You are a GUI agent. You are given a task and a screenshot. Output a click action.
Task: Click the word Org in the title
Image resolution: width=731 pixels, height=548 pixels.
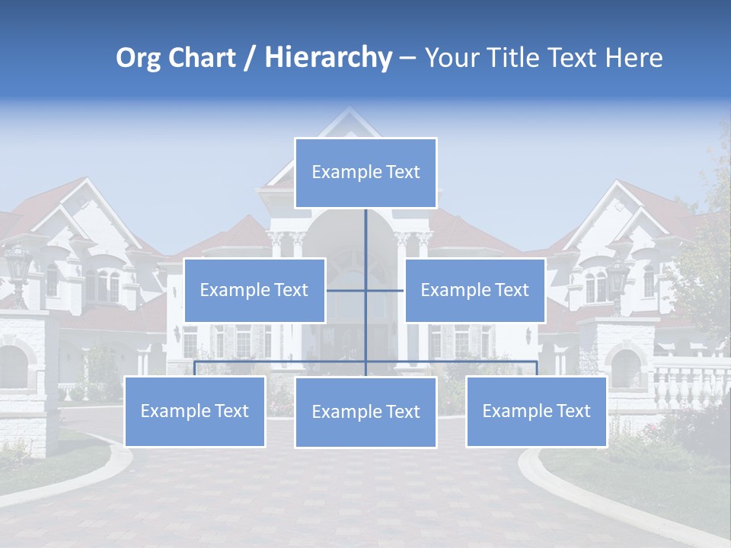[x=138, y=58]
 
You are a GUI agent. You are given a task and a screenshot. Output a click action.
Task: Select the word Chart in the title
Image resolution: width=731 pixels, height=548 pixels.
[x=198, y=58]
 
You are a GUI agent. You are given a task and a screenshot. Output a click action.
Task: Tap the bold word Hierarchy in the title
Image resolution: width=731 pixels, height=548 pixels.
[x=328, y=58]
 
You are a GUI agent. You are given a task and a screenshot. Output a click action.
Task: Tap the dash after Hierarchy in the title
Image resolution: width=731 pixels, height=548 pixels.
[x=407, y=59]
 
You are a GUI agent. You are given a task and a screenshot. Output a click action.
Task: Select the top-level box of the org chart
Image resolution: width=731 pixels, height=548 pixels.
[x=365, y=173]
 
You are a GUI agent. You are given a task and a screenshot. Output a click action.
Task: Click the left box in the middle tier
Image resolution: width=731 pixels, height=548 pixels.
[x=254, y=290]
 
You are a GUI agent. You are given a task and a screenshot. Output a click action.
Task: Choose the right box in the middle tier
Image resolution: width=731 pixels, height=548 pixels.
[x=474, y=290]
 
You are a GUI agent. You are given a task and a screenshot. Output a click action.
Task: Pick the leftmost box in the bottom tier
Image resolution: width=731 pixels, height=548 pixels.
[x=194, y=412]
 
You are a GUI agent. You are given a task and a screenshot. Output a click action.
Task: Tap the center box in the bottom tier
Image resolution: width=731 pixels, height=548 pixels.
[x=365, y=413]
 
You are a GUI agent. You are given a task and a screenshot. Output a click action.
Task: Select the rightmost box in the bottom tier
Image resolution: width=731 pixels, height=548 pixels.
[x=536, y=412]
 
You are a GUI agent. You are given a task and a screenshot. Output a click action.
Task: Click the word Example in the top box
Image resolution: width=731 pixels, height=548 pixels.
[x=340, y=173]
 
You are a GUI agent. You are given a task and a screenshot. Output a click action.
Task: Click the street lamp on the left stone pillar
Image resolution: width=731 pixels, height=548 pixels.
[x=18, y=266]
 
